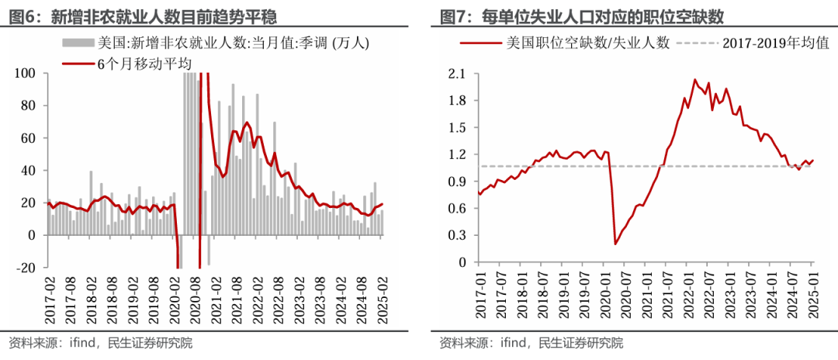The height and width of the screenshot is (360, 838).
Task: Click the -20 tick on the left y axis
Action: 26,268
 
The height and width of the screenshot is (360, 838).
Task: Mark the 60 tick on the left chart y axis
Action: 29,138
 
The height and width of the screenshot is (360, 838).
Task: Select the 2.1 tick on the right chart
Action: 455,74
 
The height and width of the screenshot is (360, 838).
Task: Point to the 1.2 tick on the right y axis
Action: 455,154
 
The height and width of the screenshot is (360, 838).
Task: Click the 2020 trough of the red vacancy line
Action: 615,244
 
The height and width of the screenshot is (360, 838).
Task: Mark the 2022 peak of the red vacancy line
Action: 694,80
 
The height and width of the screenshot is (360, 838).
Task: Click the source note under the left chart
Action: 100,342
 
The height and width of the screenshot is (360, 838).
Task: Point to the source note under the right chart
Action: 531,342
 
